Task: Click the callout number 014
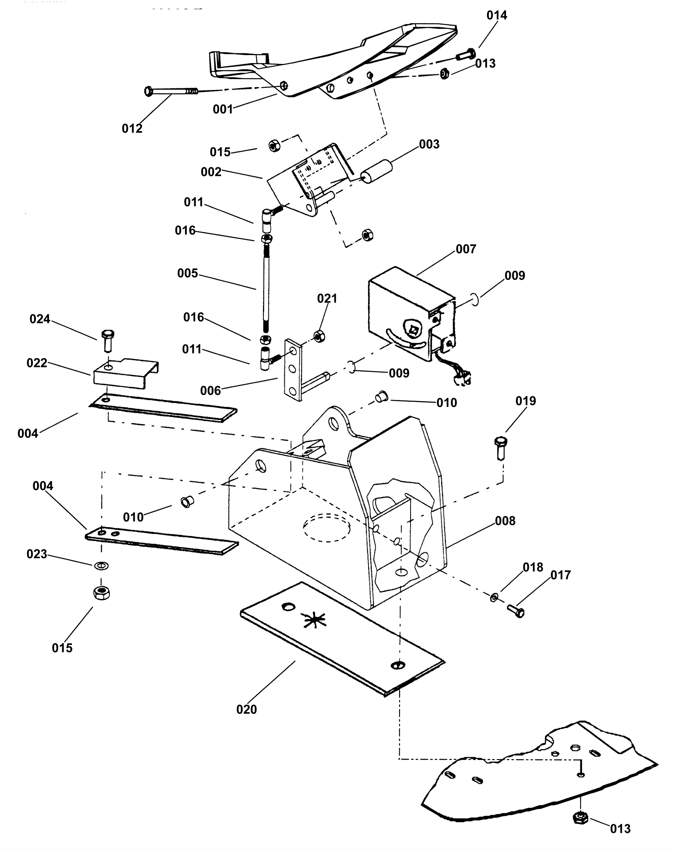pyautogui.click(x=497, y=16)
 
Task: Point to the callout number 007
pyautogui.click(x=466, y=249)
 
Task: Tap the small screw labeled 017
pyautogui.click(x=516, y=610)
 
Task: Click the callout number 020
pyautogui.click(x=246, y=710)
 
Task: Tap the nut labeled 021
pyautogui.click(x=318, y=336)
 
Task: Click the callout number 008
pyautogui.click(x=505, y=521)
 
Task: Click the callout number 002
pyautogui.click(x=211, y=172)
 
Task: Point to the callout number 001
pyautogui.click(x=223, y=109)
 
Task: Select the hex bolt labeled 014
pyautogui.click(x=465, y=55)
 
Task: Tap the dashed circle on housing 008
pyautogui.click(x=327, y=527)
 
